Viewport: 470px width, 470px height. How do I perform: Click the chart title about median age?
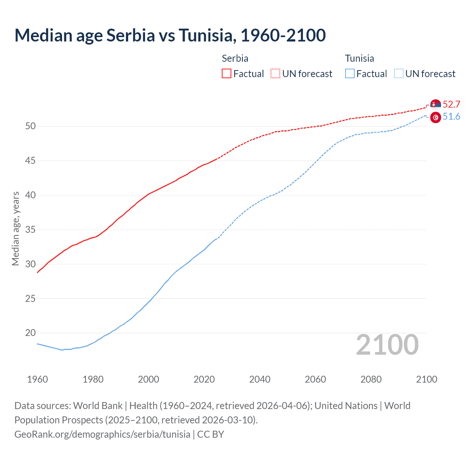(x=170, y=36)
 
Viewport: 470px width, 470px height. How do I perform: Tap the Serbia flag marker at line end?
(x=435, y=105)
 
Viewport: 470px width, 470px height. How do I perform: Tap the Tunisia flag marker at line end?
(x=435, y=117)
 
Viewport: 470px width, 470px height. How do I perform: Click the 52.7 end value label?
(x=451, y=104)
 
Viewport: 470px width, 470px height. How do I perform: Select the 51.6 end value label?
(x=451, y=117)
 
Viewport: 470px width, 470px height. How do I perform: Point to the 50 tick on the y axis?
(x=30, y=126)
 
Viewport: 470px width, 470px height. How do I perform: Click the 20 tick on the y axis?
(x=30, y=333)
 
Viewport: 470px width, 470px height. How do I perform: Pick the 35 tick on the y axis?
(x=30, y=230)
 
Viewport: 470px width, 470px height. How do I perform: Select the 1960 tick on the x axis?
(x=37, y=379)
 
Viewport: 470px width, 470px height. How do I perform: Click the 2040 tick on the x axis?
(x=260, y=379)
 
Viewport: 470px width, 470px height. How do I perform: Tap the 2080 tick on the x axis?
(x=371, y=379)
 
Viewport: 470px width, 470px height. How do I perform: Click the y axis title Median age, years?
(x=15, y=228)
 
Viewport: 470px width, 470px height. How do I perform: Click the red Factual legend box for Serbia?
(x=227, y=74)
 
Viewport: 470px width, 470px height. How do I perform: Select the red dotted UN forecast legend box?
(x=275, y=74)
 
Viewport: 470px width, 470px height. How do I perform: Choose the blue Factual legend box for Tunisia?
(x=350, y=74)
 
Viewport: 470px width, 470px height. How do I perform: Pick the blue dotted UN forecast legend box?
(x=398, y=74)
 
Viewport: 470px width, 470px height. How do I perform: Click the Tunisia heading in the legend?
(x=359, y=58)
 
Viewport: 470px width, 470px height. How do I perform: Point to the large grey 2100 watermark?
(x=387, y=345)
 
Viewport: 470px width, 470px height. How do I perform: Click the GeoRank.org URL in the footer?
(x=102, y=434)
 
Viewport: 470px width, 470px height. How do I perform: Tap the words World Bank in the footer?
(x=98, y=406)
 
